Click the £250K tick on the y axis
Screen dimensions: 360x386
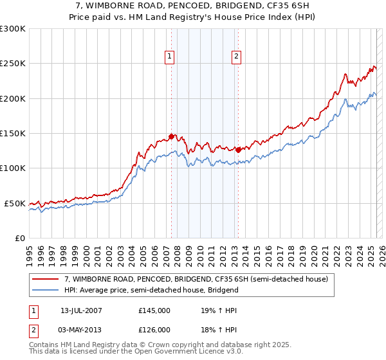click(x=12, y=64)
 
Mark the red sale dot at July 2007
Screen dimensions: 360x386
click(x=171, y=136)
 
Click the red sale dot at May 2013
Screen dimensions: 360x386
click(x=238, y=150)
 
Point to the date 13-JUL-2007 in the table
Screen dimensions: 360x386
click(x=82, y=310)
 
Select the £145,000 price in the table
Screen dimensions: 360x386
click(x=154, y=310)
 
